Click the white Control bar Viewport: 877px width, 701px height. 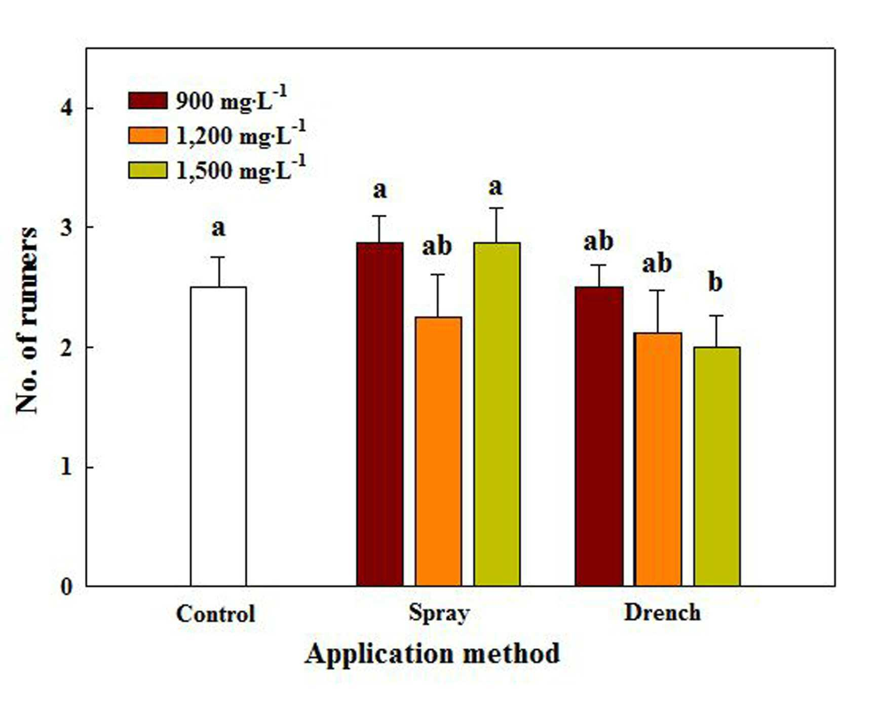(218, 436)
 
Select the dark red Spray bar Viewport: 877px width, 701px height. (380, 414)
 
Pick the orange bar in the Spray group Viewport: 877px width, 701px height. (438, 451)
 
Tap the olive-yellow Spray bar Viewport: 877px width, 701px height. (497, 414)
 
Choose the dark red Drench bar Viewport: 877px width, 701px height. (599, 436)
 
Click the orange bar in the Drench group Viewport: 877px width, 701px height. (658, 459)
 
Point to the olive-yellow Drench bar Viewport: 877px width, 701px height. (717, 466)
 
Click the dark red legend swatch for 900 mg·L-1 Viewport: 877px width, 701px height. (147, 100)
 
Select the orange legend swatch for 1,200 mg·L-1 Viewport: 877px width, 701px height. (147, 135)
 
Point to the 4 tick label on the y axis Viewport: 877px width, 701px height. (66, 107)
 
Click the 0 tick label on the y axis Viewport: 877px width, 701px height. (66, 587)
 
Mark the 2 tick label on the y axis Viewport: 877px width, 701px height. (66, 347)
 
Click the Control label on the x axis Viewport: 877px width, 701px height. (215, 614)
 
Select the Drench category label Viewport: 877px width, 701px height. (662, 612)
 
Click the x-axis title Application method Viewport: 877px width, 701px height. (432, 654)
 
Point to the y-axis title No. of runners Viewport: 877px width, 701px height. (26, 320)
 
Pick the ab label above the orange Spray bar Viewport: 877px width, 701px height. (437, 246)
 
